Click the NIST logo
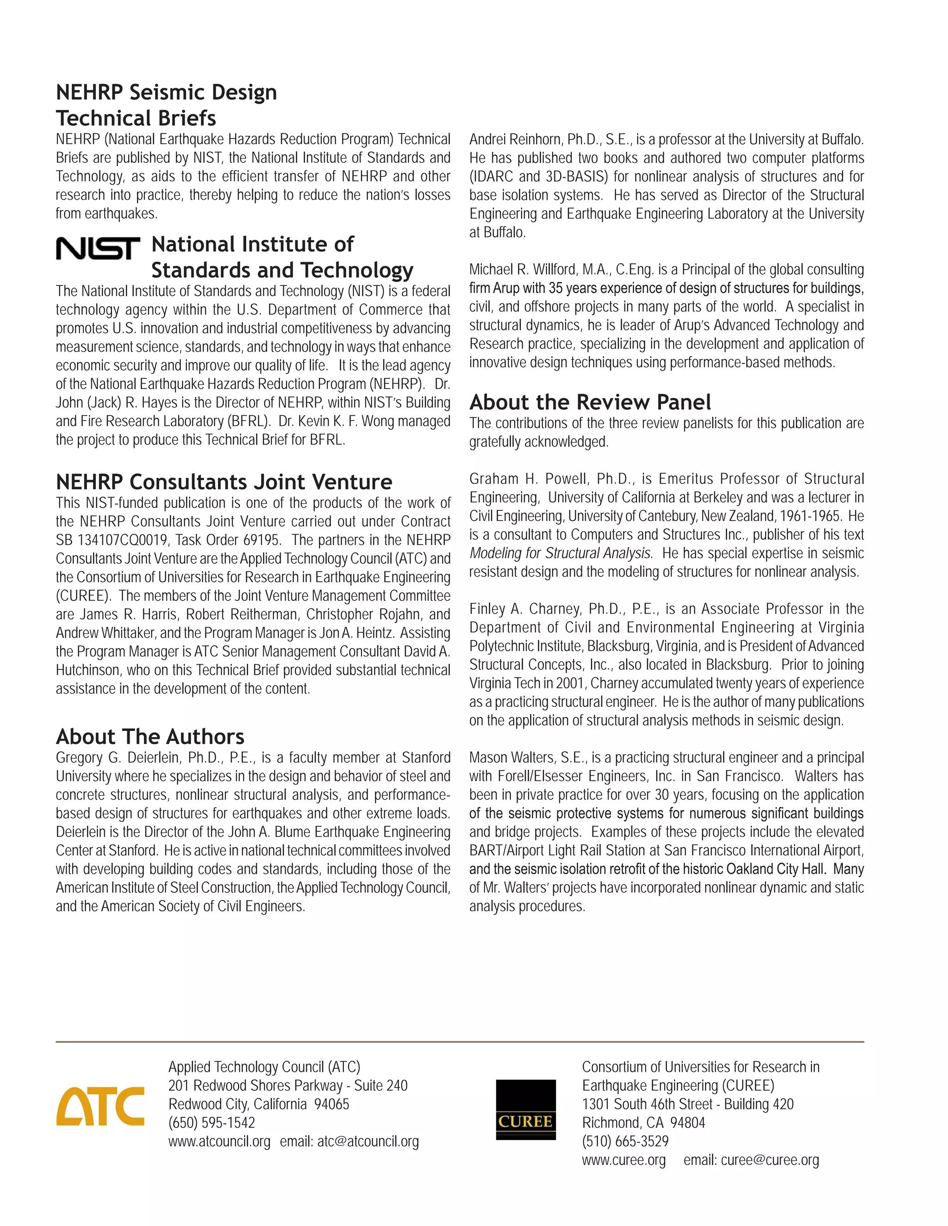(x=98, y=248)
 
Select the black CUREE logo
(x=526, y=1109)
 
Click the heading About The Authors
(x=150, y=737)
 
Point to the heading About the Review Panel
(x=590, y=402)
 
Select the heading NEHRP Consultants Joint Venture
(x=224, y=482)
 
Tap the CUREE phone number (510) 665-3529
(x=625, y=1141)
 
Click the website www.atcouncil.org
(x=219, y=1141)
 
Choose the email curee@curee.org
(x=769, y=1160)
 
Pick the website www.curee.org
(x=624, y=1160)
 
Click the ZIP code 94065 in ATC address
(x=331, y=1104)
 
